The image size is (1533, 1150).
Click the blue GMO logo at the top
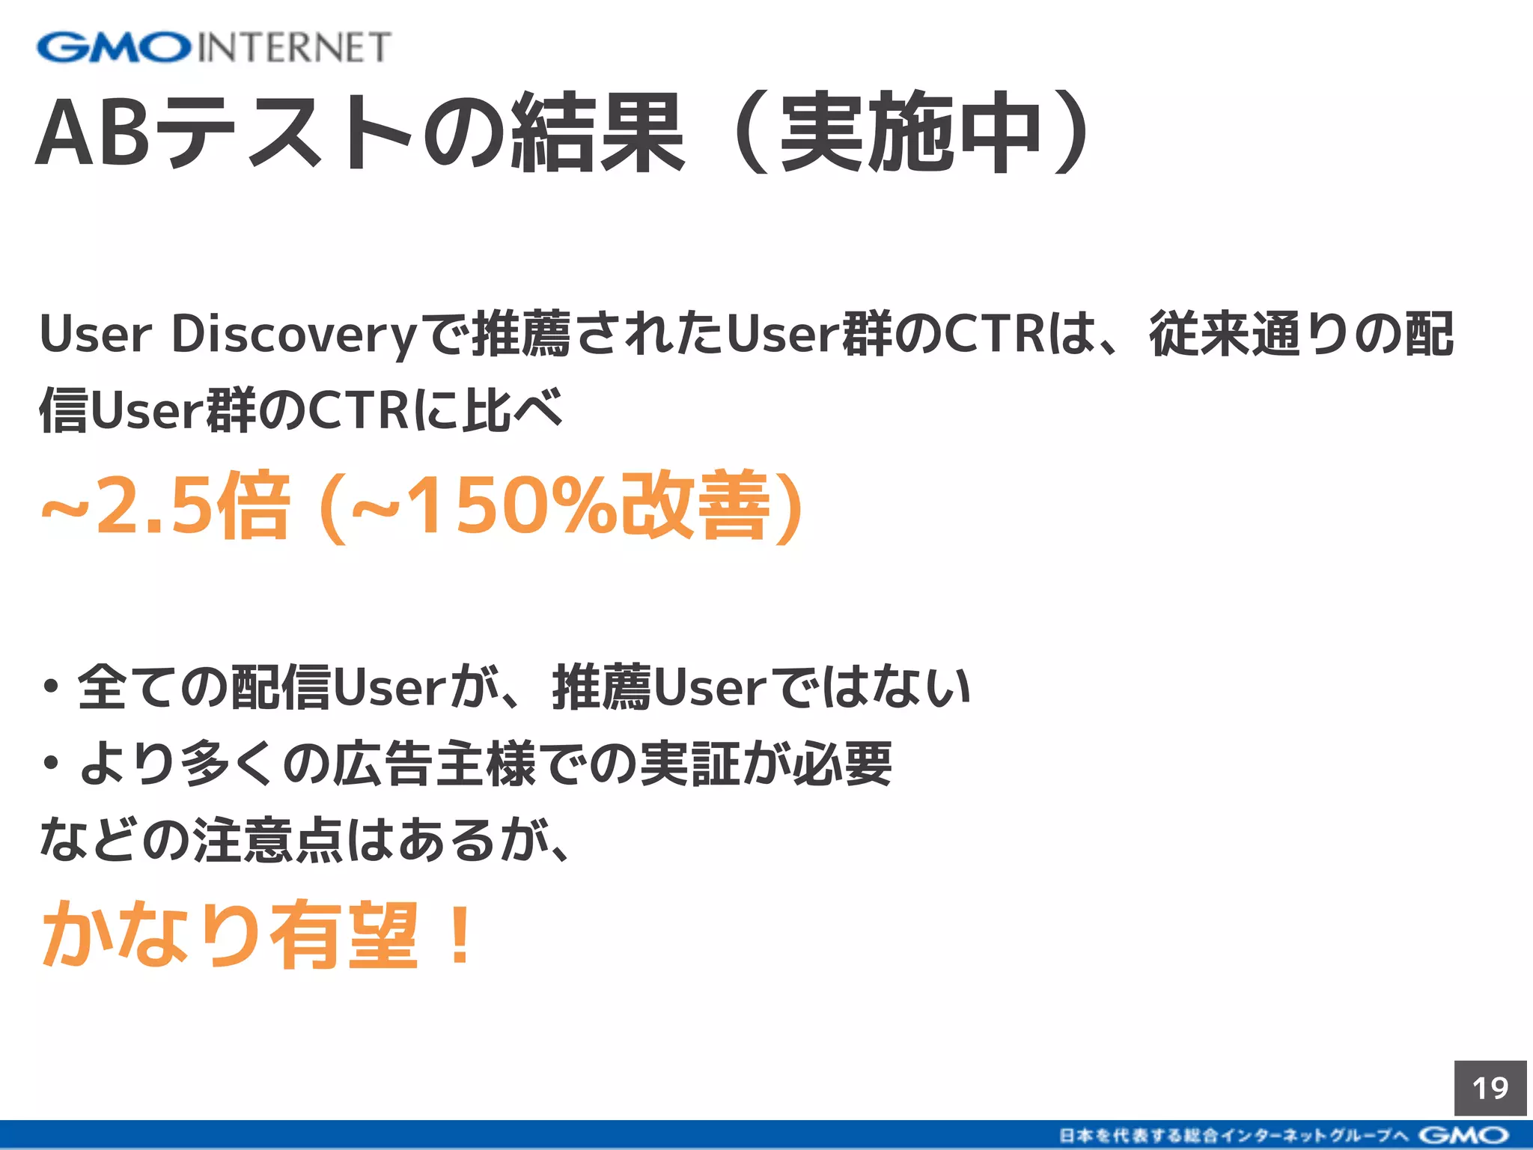[x=114, y=47]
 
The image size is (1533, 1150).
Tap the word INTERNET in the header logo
[x=294, y=47]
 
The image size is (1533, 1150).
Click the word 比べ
[x=513, y=410]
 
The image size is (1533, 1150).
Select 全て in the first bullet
[x=127, y=687]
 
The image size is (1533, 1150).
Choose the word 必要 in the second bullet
[x=843, y=764]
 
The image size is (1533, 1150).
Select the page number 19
[x=1490, y=1088]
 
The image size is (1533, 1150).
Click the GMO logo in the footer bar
[x=1463, y=1135]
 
